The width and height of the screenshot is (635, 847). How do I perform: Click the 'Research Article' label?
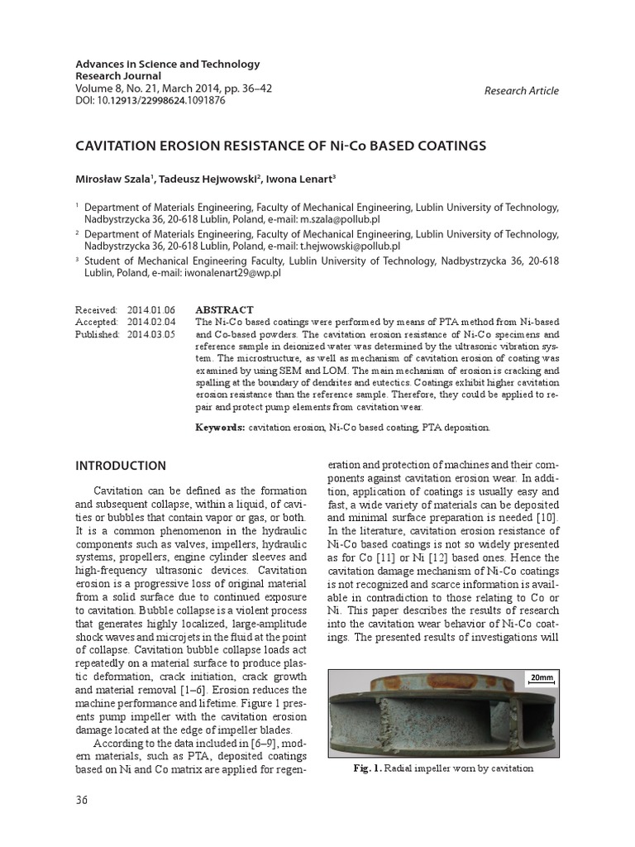click(521, 91)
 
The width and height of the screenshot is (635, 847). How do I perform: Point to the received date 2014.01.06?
click(151, 309)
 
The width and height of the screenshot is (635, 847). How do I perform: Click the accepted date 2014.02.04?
click(151, 322)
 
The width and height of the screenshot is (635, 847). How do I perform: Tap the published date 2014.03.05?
click(151, 334)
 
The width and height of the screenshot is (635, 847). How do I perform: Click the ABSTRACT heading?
click(224, 309)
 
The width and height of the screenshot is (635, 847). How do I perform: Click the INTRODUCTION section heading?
click(121, 466)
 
